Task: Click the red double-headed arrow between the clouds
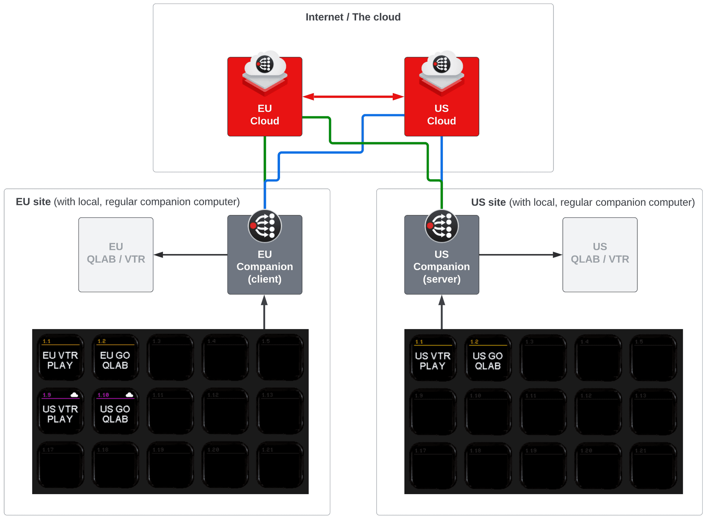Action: coord(353,97)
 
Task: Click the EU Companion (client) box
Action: coord(264,266)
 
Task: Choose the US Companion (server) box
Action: coord(441,266)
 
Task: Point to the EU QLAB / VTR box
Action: coord(116,254)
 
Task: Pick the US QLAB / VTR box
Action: coord(600,254)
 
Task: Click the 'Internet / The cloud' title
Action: coord(353,17)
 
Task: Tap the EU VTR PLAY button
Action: coord(60,357)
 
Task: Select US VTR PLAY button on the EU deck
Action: coord(60,411)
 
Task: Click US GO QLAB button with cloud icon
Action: coord(115,411)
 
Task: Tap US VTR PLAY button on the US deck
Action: coord(432,358)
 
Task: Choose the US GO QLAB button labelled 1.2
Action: coord(487,358)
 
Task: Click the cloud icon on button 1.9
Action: coord(74,395)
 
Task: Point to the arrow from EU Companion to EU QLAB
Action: coord(190,255)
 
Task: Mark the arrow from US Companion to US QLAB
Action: coord(520,255)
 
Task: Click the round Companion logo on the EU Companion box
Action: coord(265,226)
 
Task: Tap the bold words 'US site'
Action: coord(488,202)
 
